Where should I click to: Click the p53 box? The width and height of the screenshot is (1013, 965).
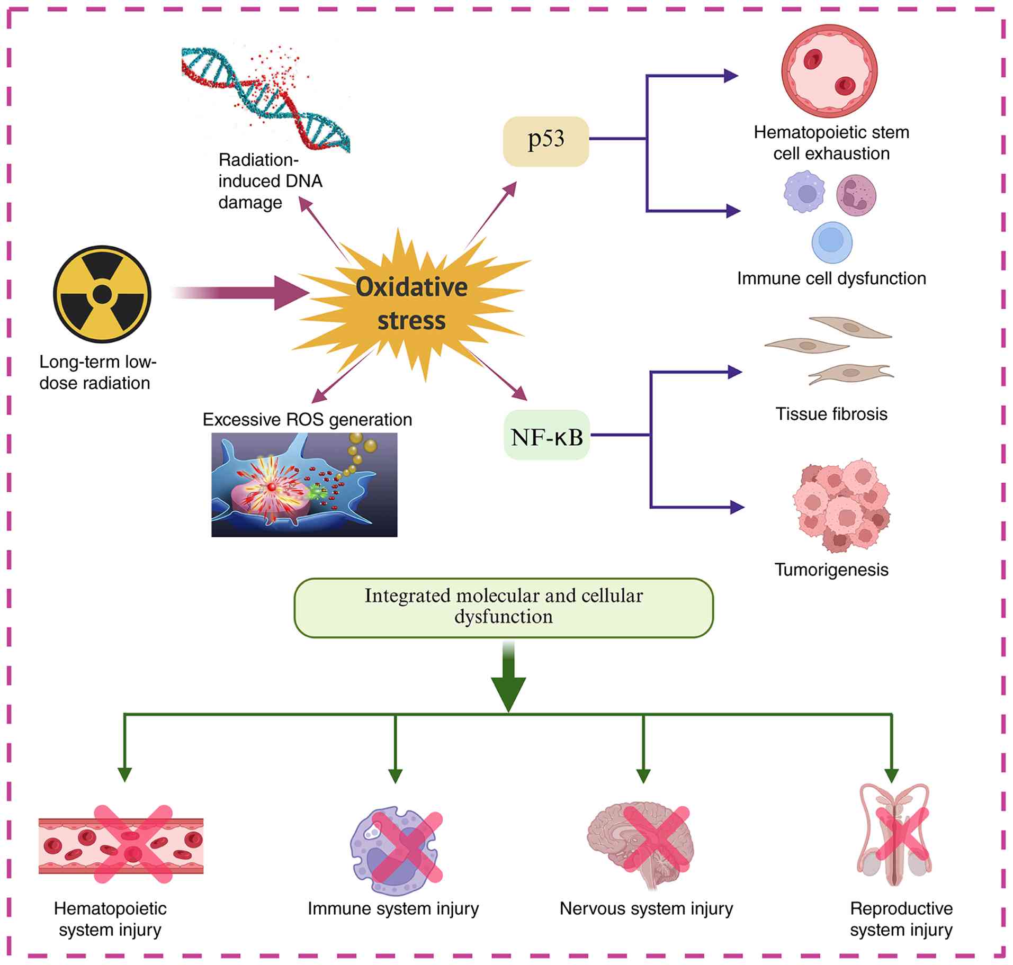pos(546,141)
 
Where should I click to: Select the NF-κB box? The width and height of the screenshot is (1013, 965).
pos(546,435)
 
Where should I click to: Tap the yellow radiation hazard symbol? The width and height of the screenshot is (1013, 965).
pos(102,294)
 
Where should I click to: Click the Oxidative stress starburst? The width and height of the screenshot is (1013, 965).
pos(411,304)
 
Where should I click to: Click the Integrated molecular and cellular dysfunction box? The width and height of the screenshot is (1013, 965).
pos(504,608)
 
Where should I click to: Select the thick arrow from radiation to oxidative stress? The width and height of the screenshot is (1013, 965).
pos(240,293)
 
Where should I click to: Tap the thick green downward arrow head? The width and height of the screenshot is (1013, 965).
pos(508,695)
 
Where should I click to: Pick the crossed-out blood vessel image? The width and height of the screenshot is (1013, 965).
pos(121,845)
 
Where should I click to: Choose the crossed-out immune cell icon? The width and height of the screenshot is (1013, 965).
pos(396,847)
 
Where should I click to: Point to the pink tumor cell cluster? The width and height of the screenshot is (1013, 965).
pos(841,506)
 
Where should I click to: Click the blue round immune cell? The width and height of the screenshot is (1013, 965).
pos(832,242)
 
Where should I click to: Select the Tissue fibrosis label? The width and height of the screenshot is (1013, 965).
pos(831,413)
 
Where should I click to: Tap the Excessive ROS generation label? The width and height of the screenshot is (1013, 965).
pos(307,420)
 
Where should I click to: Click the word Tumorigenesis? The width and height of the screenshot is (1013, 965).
pos(831,570)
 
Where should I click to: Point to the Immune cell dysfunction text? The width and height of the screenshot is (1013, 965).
pos(831,278)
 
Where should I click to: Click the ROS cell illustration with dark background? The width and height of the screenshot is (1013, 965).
pos(304,485)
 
